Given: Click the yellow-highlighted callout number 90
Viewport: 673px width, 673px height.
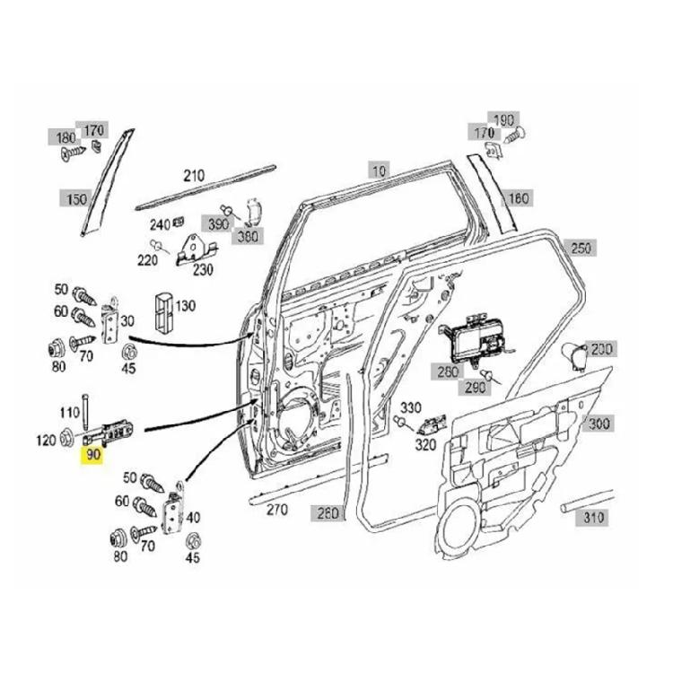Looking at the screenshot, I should tap(93, 456).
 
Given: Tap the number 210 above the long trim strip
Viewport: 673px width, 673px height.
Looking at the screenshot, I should tap(194, 176).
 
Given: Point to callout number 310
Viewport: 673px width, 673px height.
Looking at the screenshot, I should tap(594, 518).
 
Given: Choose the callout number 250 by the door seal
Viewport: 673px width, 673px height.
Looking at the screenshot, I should tap(581, 248).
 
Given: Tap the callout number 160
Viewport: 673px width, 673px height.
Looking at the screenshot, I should tap(519, 198).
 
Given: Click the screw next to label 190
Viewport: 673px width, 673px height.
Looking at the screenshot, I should tap(515, 137).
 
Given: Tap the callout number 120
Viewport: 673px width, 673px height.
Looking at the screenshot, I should tap(44, 440).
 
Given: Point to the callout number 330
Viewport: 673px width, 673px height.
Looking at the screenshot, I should tap(410, 408).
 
